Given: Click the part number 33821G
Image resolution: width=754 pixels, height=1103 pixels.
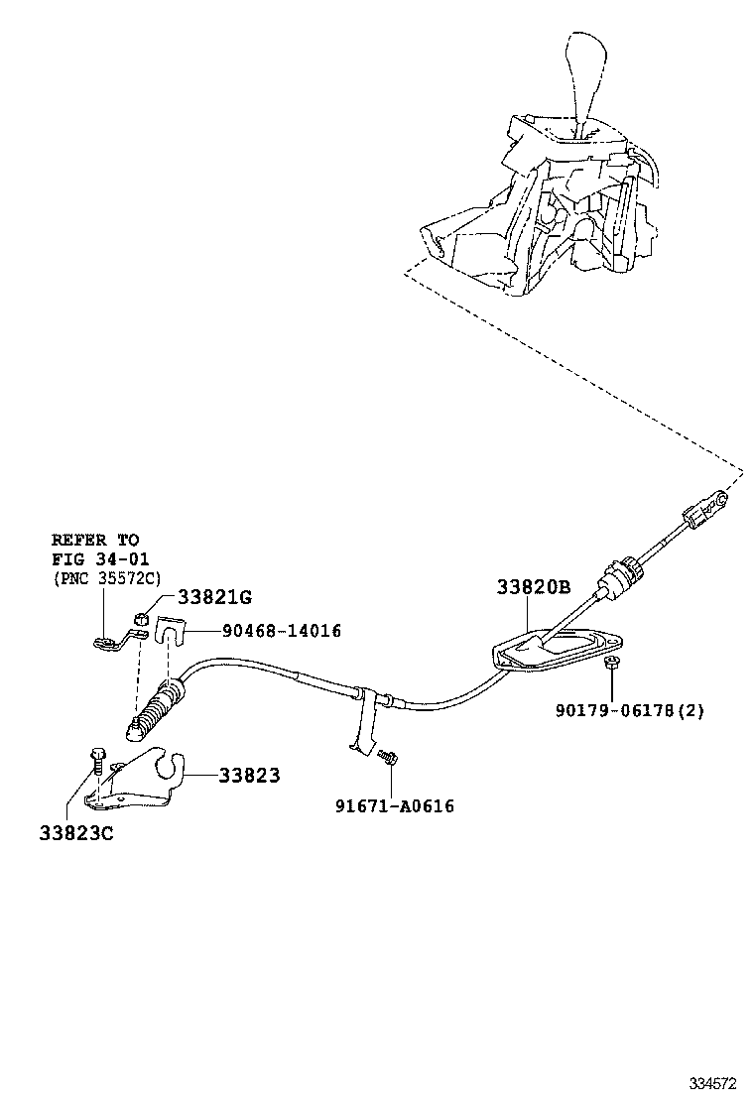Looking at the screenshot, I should (214, 596).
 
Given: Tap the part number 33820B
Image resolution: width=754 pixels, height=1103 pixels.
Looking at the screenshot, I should (534, 587).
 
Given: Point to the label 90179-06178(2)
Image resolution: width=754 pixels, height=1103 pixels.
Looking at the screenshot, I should (630, 710).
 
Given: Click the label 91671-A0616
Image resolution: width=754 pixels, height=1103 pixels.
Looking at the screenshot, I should (394, 806).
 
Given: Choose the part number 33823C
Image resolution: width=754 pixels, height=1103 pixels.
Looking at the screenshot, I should (76, 833).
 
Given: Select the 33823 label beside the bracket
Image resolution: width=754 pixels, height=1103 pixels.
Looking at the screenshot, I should (249, 776).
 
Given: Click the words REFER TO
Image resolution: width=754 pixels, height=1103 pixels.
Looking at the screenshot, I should (95, 541).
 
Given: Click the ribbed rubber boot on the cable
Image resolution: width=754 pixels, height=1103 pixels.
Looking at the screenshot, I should (157, 710).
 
